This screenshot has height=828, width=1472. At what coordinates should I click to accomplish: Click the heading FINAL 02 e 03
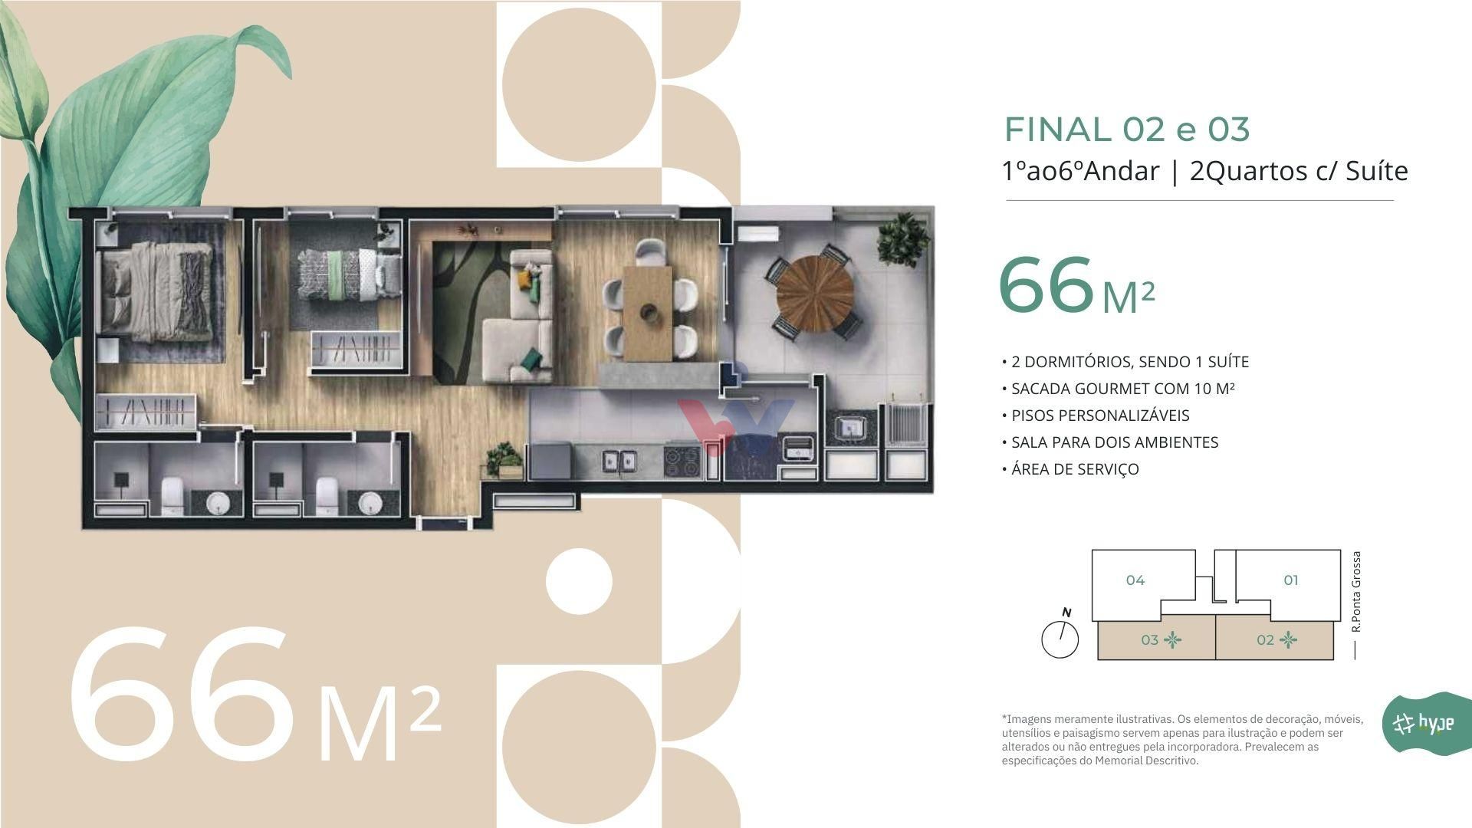pos(1127,130)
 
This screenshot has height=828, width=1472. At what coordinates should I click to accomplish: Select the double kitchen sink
pos(619,461)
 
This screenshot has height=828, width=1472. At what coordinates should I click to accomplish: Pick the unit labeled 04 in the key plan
pos(1135,580)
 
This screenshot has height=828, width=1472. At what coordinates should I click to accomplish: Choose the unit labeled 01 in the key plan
pos(1291,580)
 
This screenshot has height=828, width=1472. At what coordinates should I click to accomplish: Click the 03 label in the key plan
pos(1149,640)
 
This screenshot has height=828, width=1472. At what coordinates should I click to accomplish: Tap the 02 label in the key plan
pos(1265,640)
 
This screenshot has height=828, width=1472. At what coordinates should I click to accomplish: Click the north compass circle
pos(1060,639)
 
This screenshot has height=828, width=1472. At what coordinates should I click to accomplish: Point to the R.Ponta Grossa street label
pos(1356,591)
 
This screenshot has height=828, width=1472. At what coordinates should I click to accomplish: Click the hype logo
pos(1424,723)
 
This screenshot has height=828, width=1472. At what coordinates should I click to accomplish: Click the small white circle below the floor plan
pos(579,581)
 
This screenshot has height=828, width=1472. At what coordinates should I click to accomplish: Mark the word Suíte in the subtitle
pos(1377,170)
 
